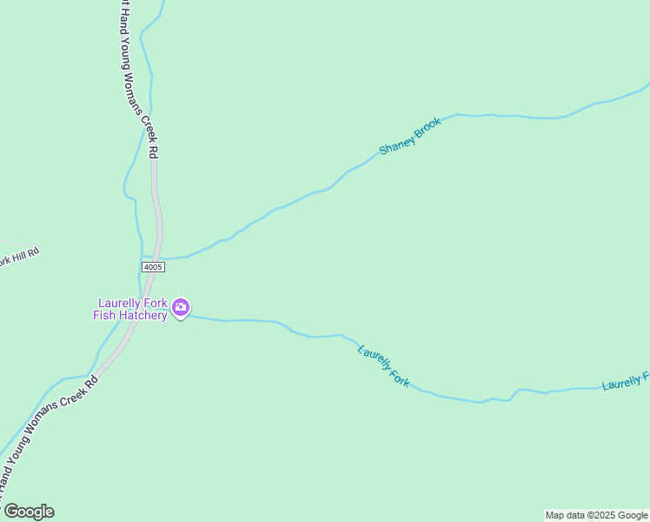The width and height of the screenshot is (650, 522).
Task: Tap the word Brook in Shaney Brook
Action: [x=428, y=127]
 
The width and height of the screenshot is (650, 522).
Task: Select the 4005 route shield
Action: [x=153, y=267]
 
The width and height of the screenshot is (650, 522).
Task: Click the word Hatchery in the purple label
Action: [x=143, y=315]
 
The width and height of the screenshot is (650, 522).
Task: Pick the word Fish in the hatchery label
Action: [x=105, y=315]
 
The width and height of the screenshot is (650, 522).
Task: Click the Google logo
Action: [x=28, y=512]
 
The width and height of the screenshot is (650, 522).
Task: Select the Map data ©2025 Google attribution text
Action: [x=597, y=515]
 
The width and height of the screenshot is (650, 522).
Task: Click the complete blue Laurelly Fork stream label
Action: [x=383, y=366]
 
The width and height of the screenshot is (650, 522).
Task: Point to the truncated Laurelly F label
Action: [x=625, y=382]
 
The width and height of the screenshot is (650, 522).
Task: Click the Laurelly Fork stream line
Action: [x=452, y=398]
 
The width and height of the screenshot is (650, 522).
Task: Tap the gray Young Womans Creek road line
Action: [x=156, y=209]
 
